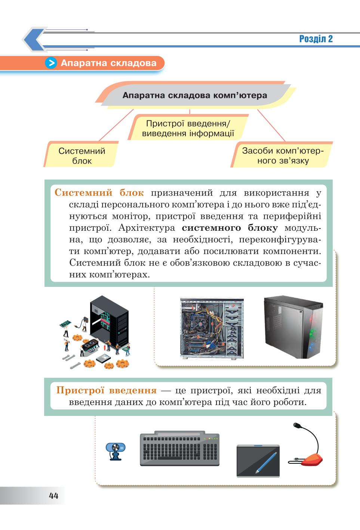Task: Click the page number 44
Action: pos(53,496)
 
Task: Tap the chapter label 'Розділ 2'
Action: pos(316,39)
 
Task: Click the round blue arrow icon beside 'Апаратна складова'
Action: pos(51,63)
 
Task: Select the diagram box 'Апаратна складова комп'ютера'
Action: pos(195,95)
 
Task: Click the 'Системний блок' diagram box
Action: pos(81,156)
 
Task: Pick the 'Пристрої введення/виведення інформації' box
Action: pos(188,128)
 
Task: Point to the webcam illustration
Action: pos(116,451)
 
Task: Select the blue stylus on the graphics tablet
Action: pos(266,463)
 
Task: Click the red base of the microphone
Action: pos(312,460)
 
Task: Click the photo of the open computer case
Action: pos(212,328)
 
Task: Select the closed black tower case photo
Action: pos(293,327)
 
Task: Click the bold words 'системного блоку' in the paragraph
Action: pos(230,228)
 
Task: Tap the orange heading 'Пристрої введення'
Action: pos(107,390)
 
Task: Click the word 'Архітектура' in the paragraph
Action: pos(147,228)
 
